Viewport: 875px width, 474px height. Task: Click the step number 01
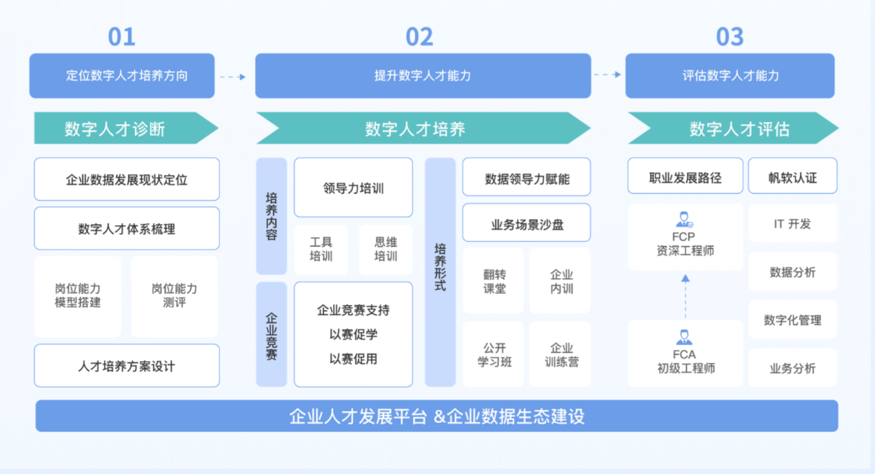121,37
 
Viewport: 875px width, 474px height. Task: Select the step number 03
730,37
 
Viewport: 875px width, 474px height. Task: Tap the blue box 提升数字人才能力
423,76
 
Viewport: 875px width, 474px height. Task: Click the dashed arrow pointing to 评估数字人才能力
607,75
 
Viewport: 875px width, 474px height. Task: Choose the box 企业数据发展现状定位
127,180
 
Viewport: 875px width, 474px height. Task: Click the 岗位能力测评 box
174,296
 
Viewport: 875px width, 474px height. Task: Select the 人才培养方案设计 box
127,366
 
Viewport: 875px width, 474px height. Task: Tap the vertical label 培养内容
272,216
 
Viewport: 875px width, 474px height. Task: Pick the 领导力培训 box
353,187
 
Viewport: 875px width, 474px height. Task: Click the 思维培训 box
385,249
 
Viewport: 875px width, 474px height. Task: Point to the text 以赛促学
353,335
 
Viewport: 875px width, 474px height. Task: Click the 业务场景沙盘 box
526,223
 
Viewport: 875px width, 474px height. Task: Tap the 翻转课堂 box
494,282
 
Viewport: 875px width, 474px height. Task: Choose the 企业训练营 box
560,355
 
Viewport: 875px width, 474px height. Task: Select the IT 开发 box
792,224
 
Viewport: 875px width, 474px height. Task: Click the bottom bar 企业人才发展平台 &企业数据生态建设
436,416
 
